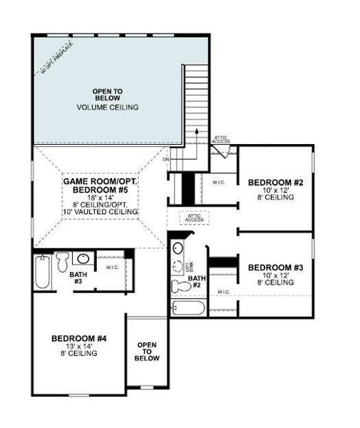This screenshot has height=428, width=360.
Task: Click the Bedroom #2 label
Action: tap(275, 183)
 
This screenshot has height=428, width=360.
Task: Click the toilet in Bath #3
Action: tap(63, 261)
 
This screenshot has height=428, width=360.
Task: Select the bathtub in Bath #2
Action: tap(188, 308)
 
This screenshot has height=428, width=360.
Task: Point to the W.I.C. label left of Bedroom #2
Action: tap(218, 183)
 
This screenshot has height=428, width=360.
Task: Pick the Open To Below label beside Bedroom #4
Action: tap(147, 351)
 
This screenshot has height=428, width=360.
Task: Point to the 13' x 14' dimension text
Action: tap(78, 346)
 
